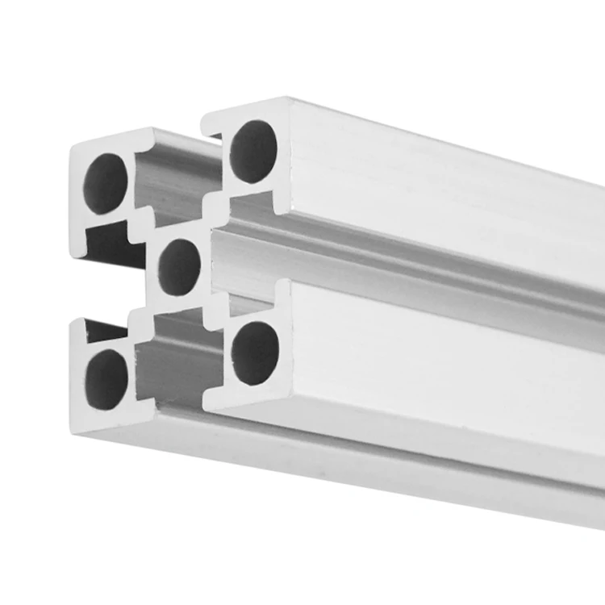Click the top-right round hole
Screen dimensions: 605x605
253,151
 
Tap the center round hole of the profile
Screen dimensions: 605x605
179,266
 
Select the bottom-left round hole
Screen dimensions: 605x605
107,378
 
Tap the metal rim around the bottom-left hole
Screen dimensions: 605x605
81,395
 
